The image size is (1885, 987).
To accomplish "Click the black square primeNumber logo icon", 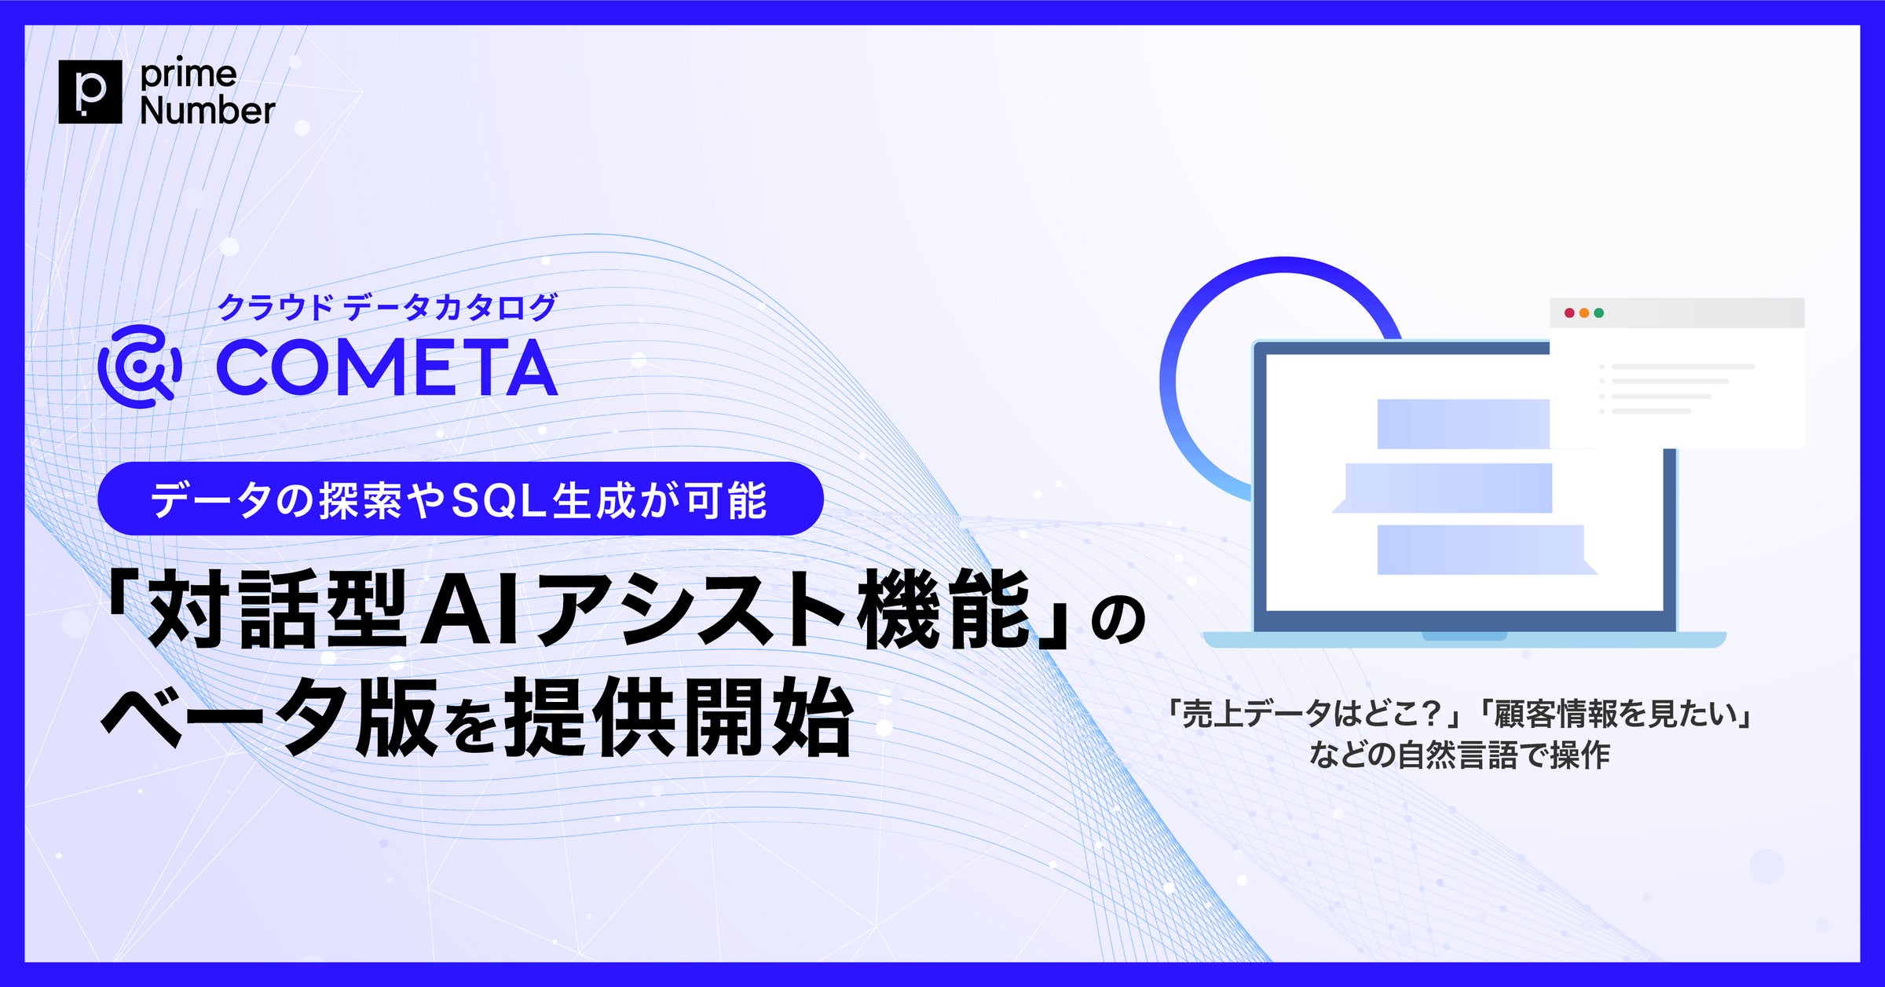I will tap(90, 91).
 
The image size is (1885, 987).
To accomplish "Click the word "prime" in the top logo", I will tap(188, 75).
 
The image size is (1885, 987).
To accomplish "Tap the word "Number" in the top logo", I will tap(207, 111).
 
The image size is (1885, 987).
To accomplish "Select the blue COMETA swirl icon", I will tap(140, 366).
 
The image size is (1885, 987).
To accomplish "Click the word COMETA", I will tap(386, 367).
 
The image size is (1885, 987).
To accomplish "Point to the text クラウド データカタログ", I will tap(386, 307).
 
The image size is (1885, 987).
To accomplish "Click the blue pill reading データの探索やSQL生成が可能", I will tap(460, 499).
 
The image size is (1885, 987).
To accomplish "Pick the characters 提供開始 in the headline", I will tap(679, 718).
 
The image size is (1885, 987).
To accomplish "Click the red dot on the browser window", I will tap(1569, 313).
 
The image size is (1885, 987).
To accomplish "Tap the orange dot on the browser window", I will tap(1584, 313).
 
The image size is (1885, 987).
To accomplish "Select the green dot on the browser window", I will tap(1598, 313).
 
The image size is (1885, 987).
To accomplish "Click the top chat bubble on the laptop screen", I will tap(1462, 424).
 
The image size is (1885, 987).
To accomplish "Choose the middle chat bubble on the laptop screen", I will tap(1448, 488).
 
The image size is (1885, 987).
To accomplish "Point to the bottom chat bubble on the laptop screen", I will tap(1481, 550).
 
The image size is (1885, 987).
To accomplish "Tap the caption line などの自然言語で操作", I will tap(1459, 755).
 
